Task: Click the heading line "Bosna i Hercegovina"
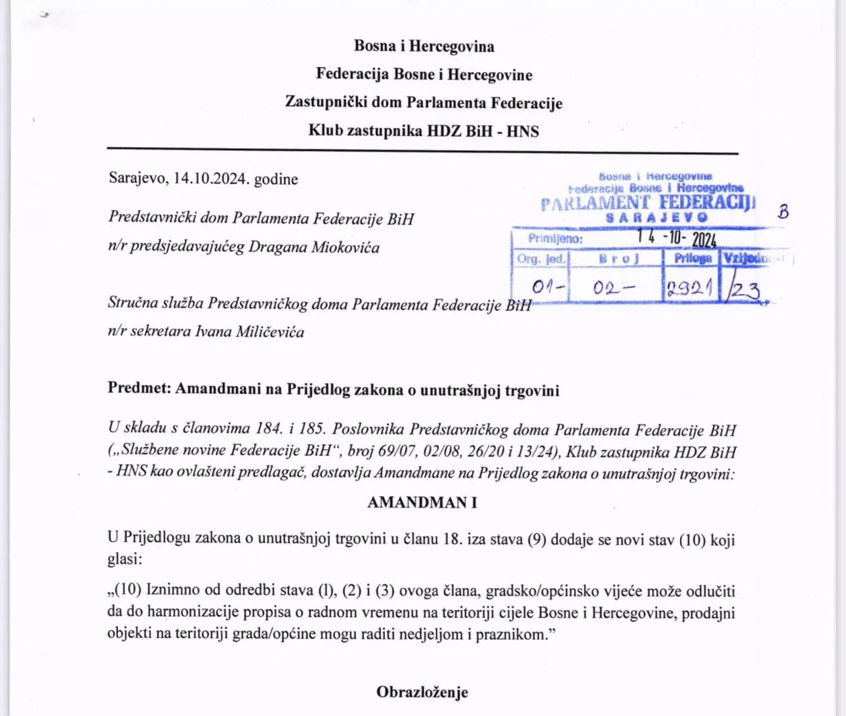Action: [x=424, y=47]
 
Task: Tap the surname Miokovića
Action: [x=346, y=247]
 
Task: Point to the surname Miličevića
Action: [x=270, y=331]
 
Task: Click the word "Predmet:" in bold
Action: [x=139, y=389]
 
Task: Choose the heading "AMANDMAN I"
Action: [x=422, y=503]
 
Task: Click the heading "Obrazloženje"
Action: [x=422, y=692]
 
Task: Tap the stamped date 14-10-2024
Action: [x=676, y=238]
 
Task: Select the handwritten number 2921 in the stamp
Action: [x=690, y=288]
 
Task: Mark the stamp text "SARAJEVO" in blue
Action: [x=657, y=217]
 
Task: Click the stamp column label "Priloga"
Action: [x=693, y=258]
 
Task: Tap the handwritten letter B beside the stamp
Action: [x=782, y=211]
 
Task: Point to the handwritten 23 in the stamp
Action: [x=746, y=289]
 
